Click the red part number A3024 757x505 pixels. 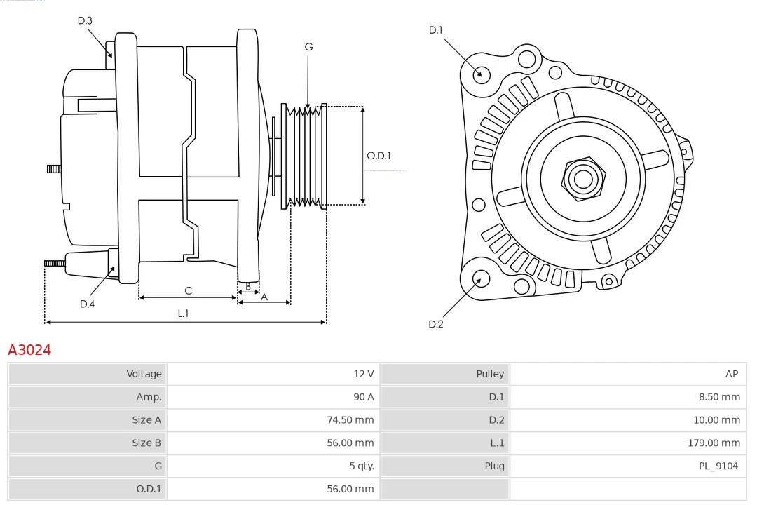[29, 349]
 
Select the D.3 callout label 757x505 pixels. [85, 20]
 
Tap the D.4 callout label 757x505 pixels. [87, 304]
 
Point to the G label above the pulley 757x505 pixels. [308, 47]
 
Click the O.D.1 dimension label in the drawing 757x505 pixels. [378, 156]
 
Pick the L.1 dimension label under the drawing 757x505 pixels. [182, 314]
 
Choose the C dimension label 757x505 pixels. [188, 290]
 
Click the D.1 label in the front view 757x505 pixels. [436, 29]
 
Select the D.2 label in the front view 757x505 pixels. [436, 324]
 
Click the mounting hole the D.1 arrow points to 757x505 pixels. [482, 74]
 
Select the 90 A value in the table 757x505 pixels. [363, 397]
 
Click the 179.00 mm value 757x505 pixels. [714, 443]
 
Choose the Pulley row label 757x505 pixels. [490, 374]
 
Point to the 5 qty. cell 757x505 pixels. [360, 466]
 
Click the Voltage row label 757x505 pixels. [144, 374]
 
